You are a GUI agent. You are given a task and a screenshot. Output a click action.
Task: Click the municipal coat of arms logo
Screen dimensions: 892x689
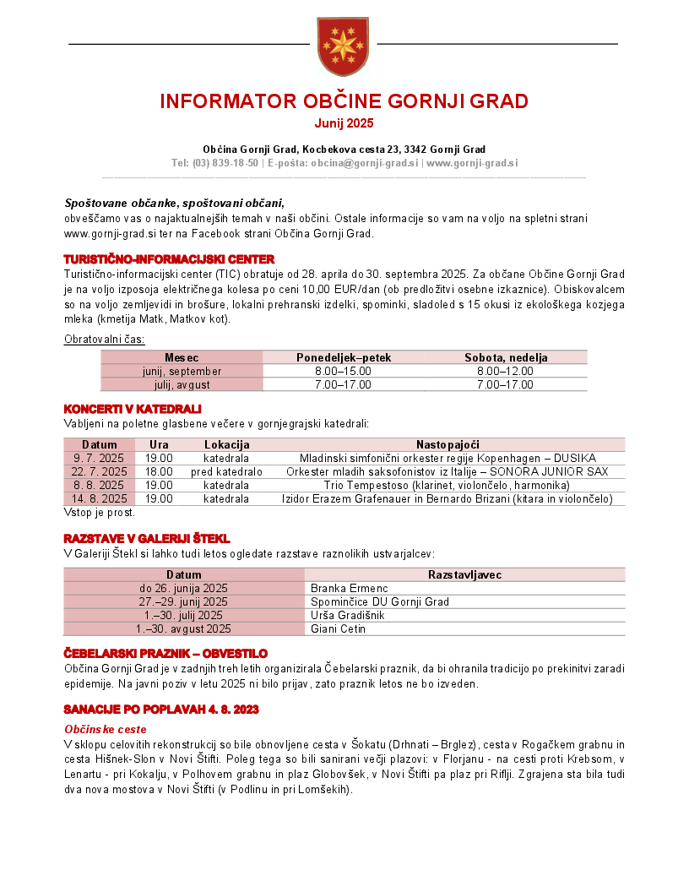tap(343, 46)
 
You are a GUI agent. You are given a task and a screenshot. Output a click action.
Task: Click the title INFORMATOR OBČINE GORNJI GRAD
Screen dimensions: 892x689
tap(344, 101)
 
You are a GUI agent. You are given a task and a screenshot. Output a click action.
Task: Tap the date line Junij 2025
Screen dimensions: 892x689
tap(344, 123)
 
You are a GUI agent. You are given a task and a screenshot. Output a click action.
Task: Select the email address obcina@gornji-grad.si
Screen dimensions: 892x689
tap(364, 162)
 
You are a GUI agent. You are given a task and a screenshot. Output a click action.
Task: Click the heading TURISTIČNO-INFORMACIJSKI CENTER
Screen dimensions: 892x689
tap(169, 259)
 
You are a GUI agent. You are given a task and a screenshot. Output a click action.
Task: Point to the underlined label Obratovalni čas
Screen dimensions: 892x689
tap(105, 339)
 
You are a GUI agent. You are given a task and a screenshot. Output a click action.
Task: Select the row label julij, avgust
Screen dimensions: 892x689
tap(182, 384)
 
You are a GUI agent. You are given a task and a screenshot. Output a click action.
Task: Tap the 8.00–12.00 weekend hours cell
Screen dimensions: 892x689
tap(505, 371)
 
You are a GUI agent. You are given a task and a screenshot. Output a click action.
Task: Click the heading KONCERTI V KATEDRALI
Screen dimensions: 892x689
tap(133, 409)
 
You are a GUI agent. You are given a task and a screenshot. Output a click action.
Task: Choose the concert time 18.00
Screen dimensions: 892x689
tap(159, 471)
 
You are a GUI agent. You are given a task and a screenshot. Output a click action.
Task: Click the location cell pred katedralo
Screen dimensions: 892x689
tap(226, 471)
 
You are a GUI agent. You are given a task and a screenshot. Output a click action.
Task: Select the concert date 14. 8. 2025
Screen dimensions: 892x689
tap(99, 498)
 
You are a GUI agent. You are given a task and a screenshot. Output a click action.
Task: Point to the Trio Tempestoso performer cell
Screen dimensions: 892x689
tap(447, 485)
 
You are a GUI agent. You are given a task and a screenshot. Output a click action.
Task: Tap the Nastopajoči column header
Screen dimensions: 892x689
tap(448, 444)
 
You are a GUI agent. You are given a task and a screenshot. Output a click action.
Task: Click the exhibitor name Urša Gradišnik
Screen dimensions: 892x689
tap(347, 615)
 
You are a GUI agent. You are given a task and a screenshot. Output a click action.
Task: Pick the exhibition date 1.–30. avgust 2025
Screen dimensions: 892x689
tap(183, 628)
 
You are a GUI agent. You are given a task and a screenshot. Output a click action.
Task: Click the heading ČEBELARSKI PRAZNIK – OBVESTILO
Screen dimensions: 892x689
tap(165, 654)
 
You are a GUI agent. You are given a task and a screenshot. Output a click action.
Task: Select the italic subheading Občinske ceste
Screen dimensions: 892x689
tap(106, 729)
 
